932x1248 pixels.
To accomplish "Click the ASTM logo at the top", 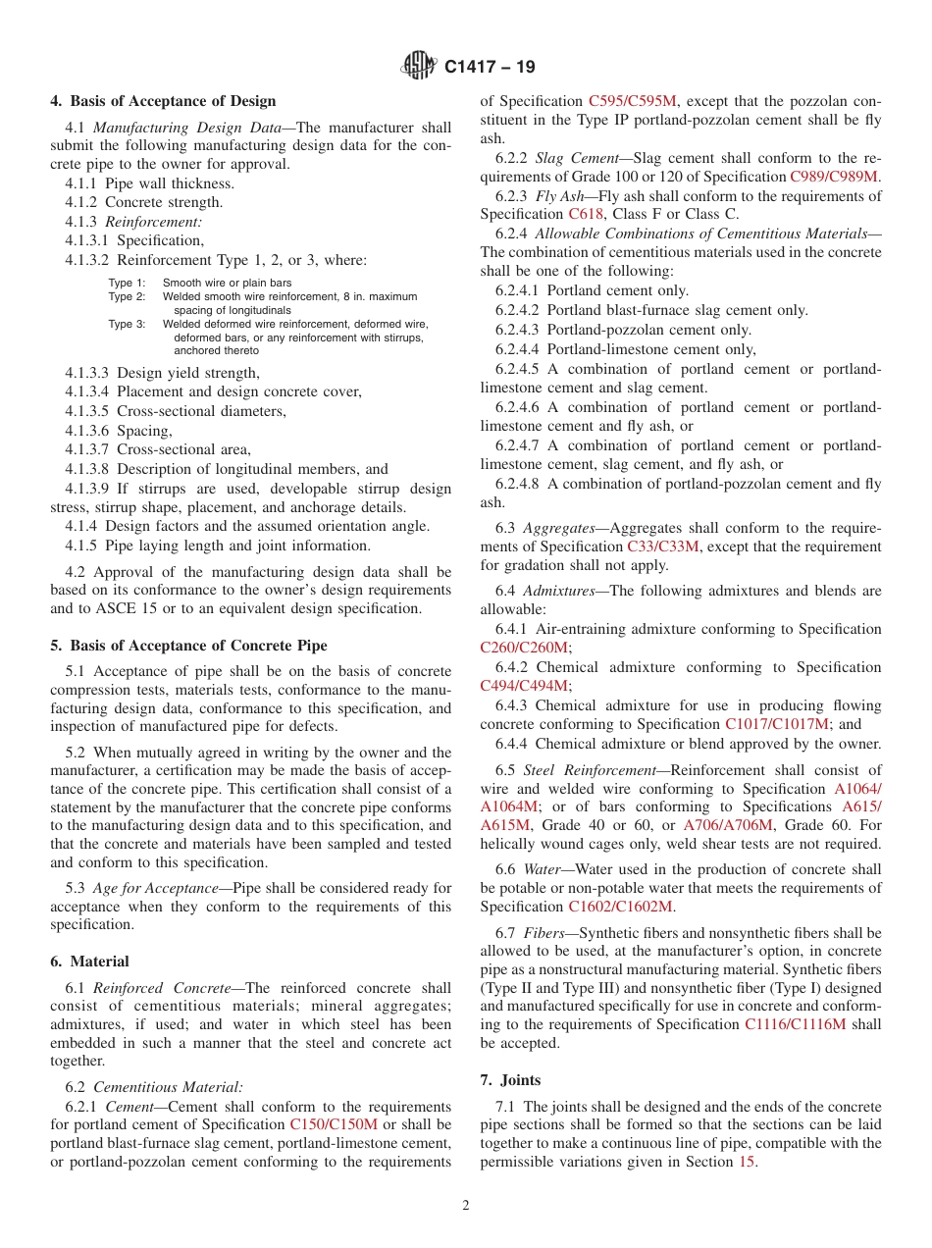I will tap(420, 67).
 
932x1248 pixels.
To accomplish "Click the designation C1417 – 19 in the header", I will tap(490, 68).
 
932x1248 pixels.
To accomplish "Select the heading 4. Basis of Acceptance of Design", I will tap(163, 101).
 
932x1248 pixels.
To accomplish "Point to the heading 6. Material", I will tap(89, 962).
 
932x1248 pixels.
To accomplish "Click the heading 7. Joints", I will tap(510, 1080).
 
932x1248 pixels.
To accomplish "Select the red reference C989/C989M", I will tap(834, 177).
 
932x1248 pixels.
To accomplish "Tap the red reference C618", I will tap(586, 214).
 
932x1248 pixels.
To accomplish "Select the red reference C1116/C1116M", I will tap(795, 1024).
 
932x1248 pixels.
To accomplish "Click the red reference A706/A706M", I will tap(727, 824).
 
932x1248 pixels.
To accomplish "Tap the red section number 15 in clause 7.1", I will tap(748, 1163).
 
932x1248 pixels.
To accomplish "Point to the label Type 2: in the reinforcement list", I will tap(127, 296).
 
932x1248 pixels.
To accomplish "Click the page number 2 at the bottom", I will tap(466, 1206).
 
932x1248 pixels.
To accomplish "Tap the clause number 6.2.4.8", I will tap(519, 484).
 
